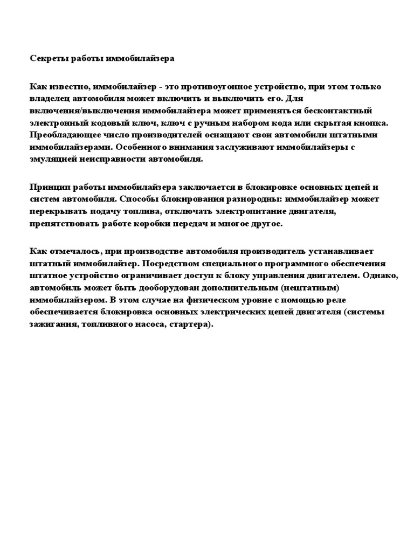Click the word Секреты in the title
47,58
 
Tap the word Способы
138,199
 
